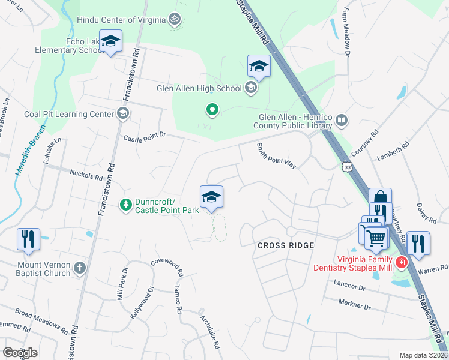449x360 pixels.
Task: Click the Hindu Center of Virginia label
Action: click(121, 20)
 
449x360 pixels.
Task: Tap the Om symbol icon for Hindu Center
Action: click(175, 20)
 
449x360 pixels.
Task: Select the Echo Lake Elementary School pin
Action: click(110, 41)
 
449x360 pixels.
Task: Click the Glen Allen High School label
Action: click(198, 89)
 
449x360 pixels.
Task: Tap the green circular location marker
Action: click(212, 110)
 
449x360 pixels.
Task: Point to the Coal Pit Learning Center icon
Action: click(122, 114)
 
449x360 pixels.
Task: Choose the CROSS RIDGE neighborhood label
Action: click(285, 245)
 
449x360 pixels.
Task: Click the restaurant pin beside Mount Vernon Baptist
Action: click(28, 239)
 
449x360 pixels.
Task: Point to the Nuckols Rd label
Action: click(86, 177)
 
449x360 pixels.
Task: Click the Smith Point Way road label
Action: click(276, 157)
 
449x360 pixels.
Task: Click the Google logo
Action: click(20, 353)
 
